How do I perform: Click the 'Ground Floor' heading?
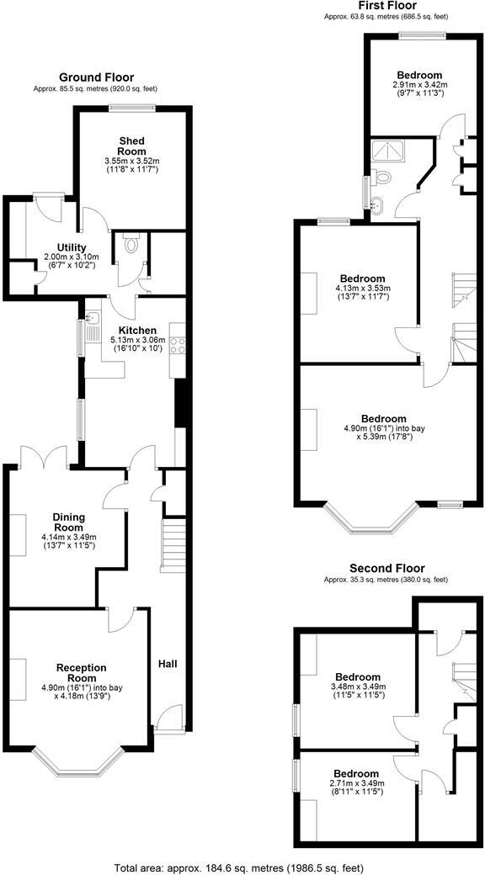click(96, 77)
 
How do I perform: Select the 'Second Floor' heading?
click(386, 569)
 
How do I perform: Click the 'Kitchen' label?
click(135, 330)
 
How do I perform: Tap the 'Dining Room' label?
click(69, 522)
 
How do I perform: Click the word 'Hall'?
click(167, 664)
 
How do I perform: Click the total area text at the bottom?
click(242, 866)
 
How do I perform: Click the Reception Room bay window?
click(82, 764)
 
